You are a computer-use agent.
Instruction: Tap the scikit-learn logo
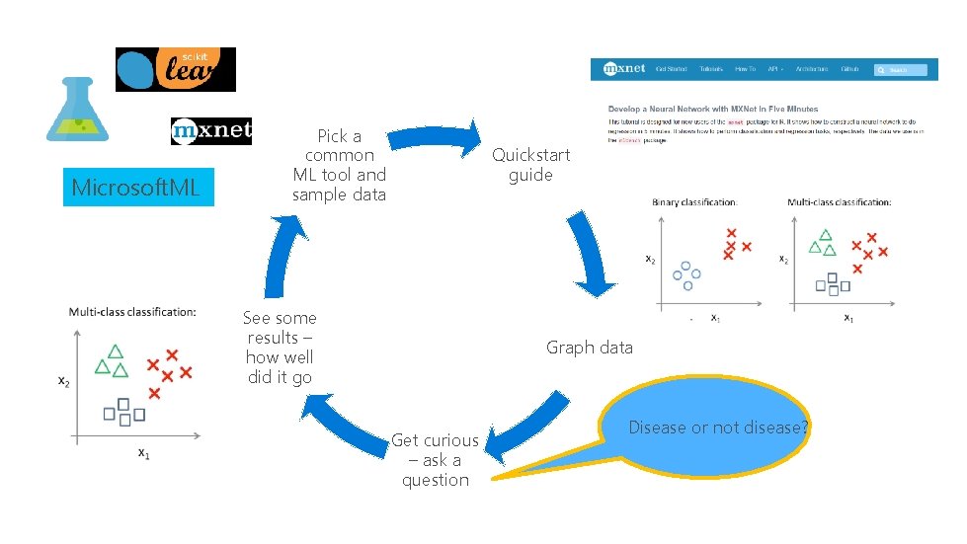coord(176,69)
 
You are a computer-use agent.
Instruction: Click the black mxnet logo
coord(210,131)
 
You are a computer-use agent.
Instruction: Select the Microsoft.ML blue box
coord(137,187)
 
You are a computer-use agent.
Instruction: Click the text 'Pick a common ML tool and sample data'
coord(339,165)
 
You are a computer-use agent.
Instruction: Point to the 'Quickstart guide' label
coord(530,165)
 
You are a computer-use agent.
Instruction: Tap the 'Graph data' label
coord(590,348)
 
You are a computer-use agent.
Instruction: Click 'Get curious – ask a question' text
coord(435,460)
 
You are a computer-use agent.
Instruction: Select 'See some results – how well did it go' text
coord(280,348)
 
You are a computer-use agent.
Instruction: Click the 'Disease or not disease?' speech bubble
coord(718,427)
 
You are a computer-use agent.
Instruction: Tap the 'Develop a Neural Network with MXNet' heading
coord(699,109)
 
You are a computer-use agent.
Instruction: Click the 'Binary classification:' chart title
coord(694,202)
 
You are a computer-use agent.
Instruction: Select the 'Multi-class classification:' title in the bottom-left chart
coord(132,312)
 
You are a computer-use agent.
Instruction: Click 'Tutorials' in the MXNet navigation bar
coord(711,70)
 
